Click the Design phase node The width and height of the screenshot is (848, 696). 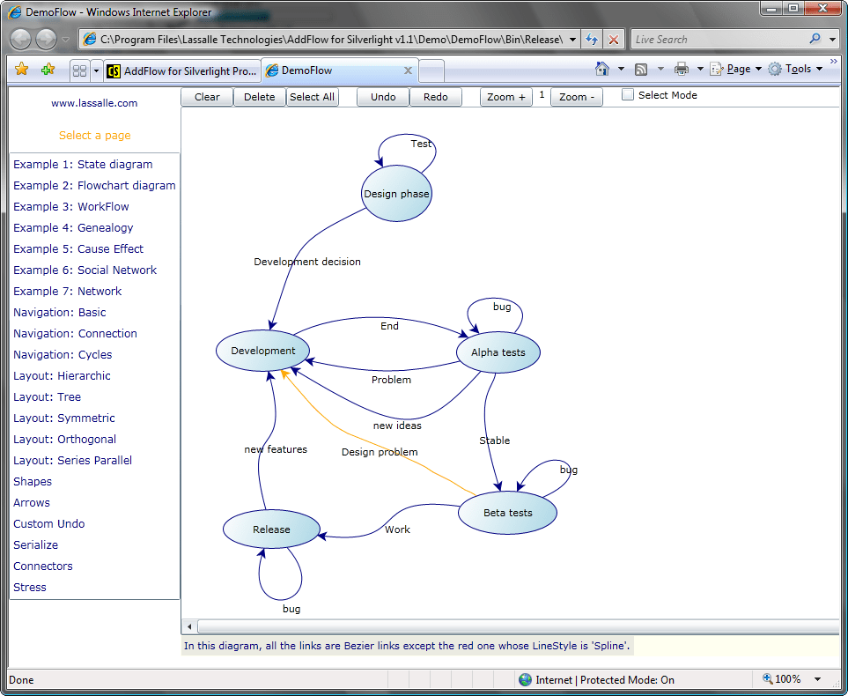[x=396, y=194]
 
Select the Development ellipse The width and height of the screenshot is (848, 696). [x=263, y=351]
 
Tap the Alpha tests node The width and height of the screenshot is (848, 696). [x=498, y=352]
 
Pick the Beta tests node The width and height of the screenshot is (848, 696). [x=507, y=513]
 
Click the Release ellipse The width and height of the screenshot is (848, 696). [x=270, y=529]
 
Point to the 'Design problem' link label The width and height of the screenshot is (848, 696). [x=380, y=452]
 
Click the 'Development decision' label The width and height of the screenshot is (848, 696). [x=306, y=262]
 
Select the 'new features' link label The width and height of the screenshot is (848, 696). [x=276, y=449]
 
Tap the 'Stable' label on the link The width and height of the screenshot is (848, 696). [x=494, y=441]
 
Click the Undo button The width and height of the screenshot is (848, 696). [x=383, y=97]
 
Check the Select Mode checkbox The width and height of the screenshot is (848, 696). [x=628, y=95]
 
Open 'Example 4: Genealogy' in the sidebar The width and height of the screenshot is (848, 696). [x=73, y=228]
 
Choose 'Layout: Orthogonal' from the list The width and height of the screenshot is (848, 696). [x=64, y=440]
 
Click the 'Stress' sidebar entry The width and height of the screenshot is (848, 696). [x=30, y=588]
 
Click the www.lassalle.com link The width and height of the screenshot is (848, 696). [x=94, y=103]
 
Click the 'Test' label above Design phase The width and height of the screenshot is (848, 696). [x=421, y=144]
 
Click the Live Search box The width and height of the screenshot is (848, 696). [x=718, y=40]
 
